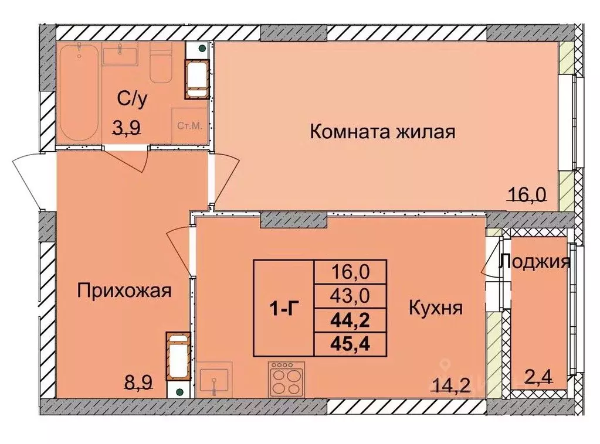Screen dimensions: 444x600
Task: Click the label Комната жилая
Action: pos(382,132)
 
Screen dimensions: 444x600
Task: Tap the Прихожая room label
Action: pos(124,291)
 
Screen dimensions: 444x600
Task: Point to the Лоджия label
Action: pos(534,262)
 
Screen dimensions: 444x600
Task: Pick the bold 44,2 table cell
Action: pos(350,320)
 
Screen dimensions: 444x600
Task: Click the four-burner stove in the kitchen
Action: pos(286,379)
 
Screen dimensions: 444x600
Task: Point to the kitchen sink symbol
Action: pos(215,380)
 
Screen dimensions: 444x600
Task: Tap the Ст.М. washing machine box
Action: pos(189,125)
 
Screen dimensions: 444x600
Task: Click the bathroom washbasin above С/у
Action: pos(120,56)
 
